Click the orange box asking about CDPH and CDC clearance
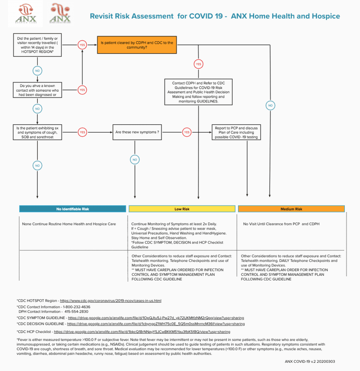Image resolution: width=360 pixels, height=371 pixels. coord(137,45)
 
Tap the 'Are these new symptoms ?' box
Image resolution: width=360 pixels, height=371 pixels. coord(137,132)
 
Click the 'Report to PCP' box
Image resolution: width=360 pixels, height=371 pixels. coord(236,132)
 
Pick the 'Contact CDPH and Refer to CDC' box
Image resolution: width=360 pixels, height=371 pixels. coord(198,92)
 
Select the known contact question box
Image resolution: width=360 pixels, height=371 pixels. coord(37,90)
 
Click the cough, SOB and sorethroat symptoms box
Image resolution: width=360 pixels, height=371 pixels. coord(37,132)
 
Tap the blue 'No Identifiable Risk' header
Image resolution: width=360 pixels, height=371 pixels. coord(73,209)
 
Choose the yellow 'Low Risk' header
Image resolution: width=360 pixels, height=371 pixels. coord(182,209)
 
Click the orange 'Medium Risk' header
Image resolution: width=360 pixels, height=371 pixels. coord(291,209)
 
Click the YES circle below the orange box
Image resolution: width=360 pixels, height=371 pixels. coord(198,64)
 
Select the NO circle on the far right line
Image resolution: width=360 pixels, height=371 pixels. coord(270,105)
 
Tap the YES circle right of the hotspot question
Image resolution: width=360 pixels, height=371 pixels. coord(82,45)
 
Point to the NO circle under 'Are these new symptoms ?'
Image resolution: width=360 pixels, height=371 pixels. coord(135,159)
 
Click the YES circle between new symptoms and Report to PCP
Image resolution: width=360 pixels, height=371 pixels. coord(187,132)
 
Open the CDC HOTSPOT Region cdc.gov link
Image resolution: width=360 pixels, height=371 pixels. coord(111,301)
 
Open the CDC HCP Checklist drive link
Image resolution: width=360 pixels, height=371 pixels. coord(142,332)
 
